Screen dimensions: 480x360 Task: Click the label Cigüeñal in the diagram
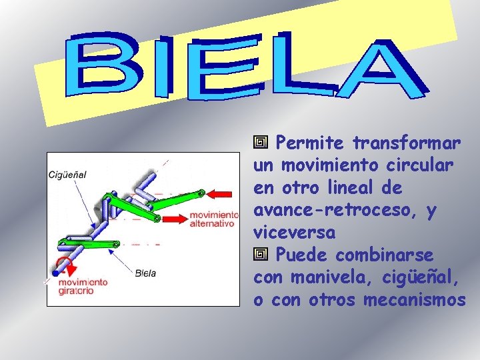[67, 175]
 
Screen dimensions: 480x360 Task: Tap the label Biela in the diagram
[145, 272]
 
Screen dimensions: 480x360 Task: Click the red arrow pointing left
[223, 194]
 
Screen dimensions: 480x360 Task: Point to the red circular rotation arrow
[61, 265]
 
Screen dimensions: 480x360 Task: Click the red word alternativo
[212, 223]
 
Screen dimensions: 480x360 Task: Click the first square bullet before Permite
[261, 143]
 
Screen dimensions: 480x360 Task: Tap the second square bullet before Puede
[261, 255]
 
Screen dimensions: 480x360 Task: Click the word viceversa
[294, 233]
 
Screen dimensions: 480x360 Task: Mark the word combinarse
[384, 255]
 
